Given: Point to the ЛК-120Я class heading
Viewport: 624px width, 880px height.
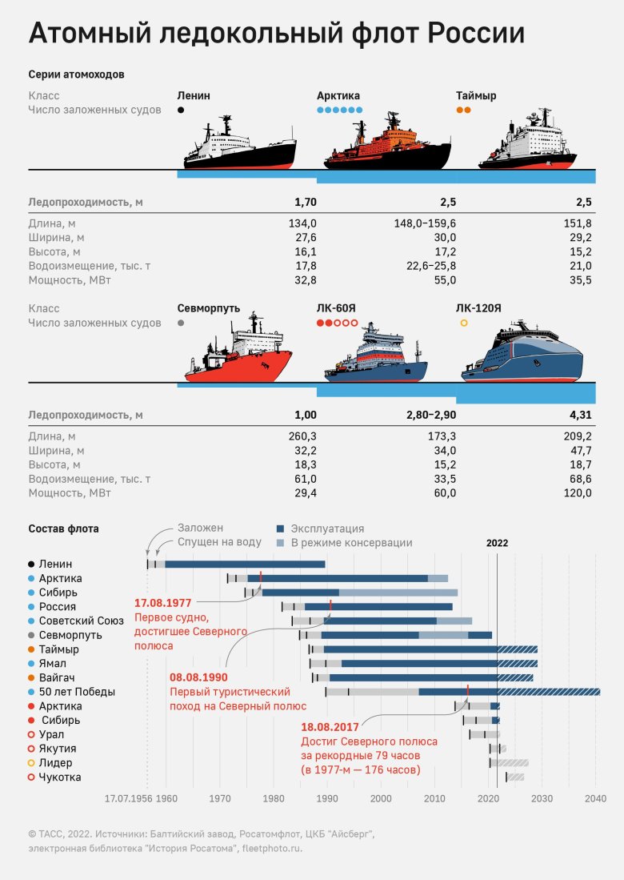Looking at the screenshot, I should point(478,308).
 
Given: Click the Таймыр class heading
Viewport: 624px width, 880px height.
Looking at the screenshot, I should point(476,96).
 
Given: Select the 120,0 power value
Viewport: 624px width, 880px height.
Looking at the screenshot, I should point(576,493).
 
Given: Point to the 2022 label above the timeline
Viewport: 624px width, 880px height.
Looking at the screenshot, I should point(497,543).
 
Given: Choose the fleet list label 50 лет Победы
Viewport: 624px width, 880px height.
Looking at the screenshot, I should point(77,692).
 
